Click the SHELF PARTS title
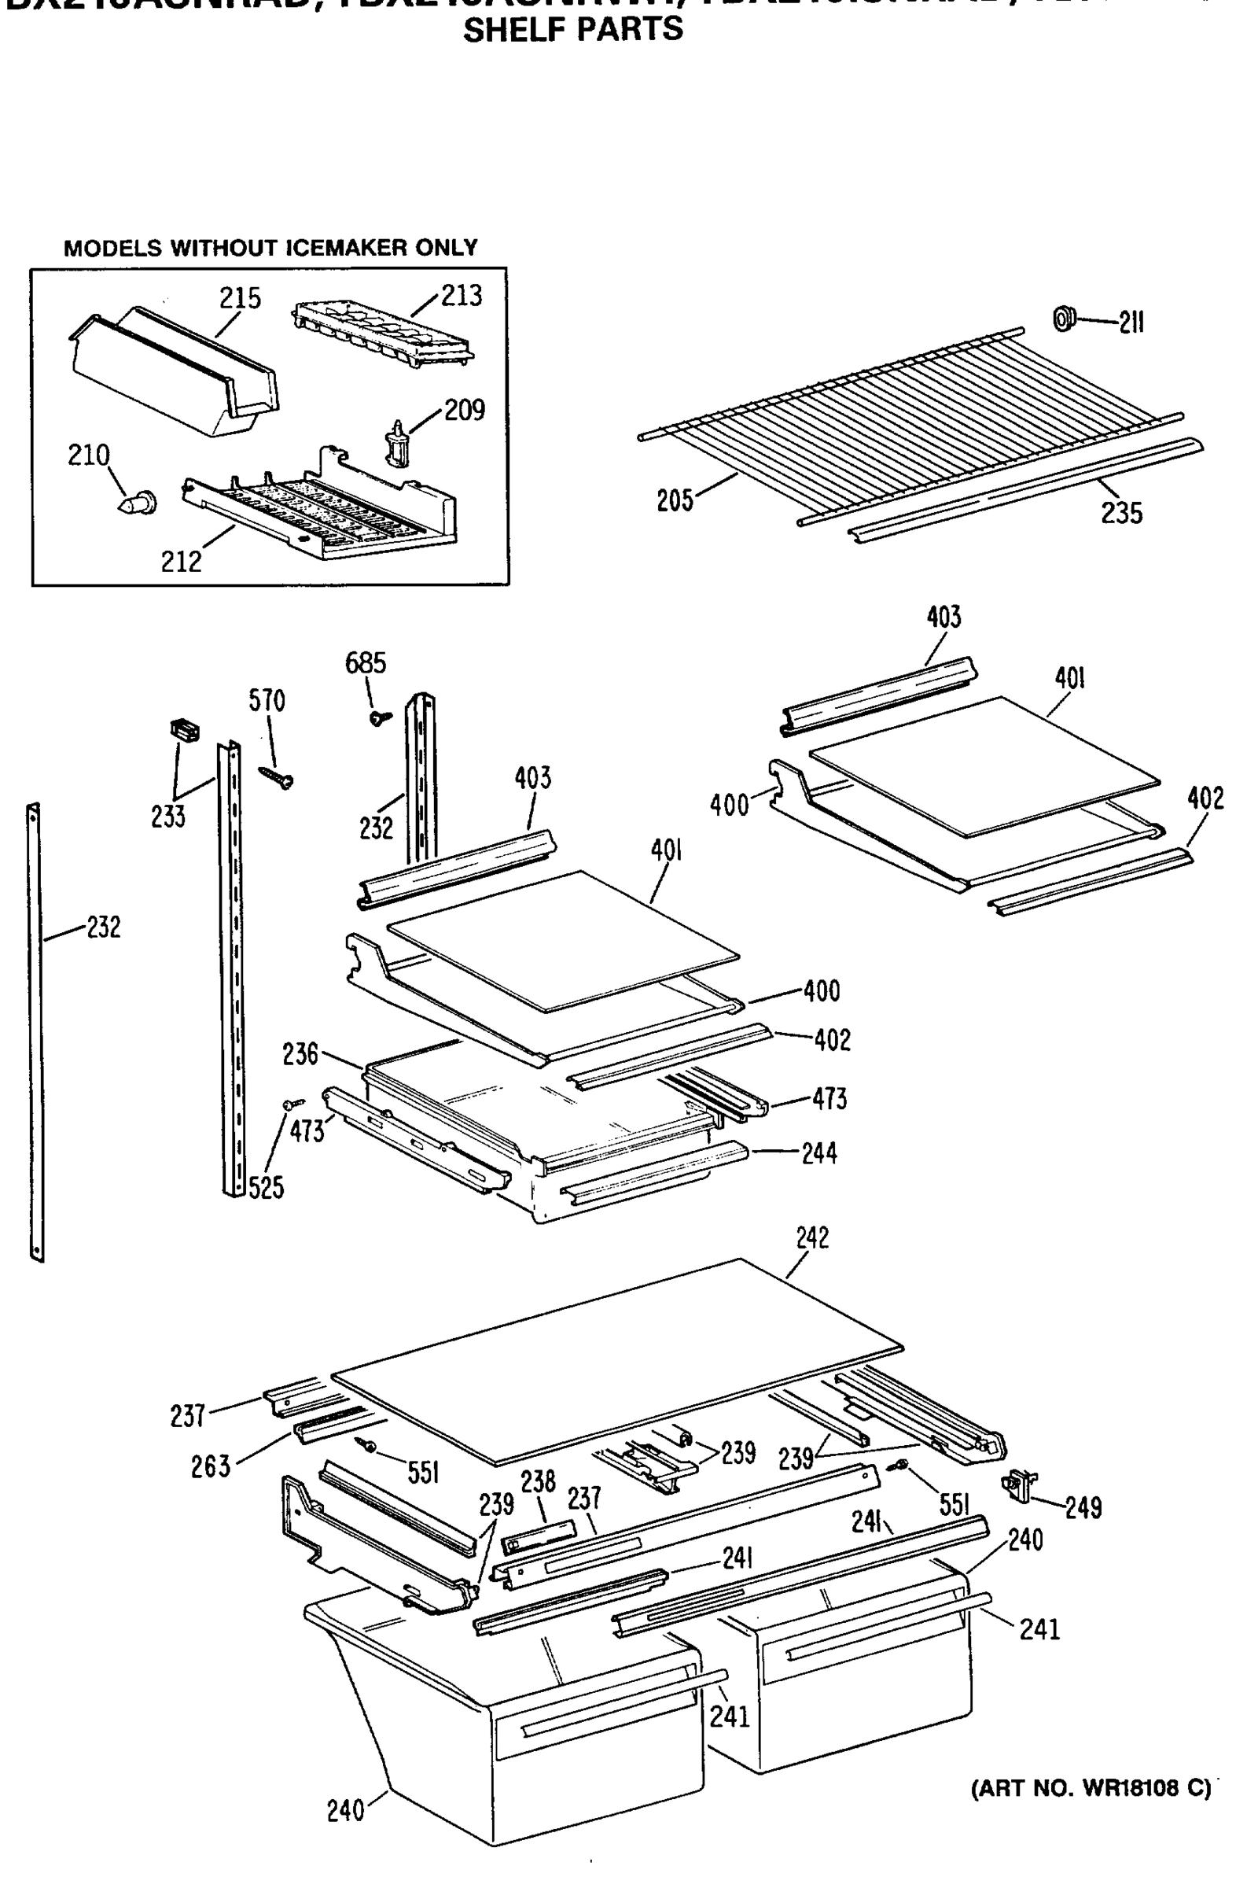coord(573,31)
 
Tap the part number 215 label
coord(240,299)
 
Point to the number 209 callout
coord(465,410)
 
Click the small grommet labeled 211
coord(1064,319)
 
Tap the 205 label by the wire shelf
coord(674,501)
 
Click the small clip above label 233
coord(186,731)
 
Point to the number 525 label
coord(266,1188)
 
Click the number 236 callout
coord(300,1054)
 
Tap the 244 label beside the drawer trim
coord(819,1153)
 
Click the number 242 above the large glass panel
coord(812,1237)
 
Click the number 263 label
coord(210,1466)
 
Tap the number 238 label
coord(538,1482)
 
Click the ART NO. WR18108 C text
coord(1091,1788)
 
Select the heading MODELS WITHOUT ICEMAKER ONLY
coord(270,248)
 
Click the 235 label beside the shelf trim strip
coord(1121,513)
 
